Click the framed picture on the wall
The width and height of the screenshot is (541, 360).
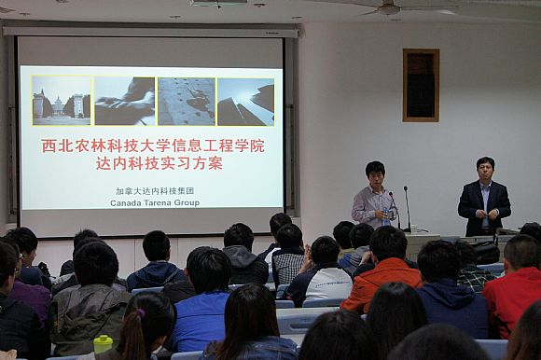421,85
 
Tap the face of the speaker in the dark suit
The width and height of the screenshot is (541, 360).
484,171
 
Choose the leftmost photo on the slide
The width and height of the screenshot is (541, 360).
62,101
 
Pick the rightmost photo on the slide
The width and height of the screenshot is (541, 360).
245,101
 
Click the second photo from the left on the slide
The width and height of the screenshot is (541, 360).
124,101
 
